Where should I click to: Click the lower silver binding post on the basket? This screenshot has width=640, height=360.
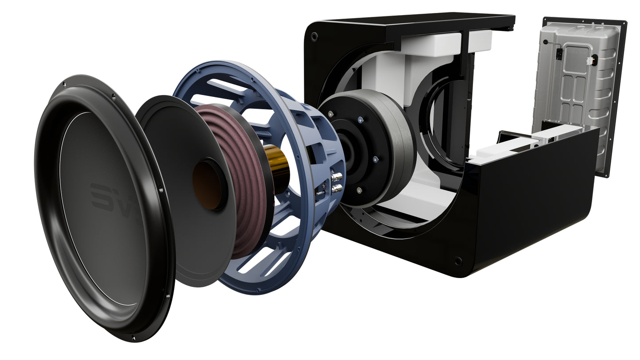337,188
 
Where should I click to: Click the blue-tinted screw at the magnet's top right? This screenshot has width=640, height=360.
360,119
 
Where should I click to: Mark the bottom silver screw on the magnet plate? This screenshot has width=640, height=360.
358,190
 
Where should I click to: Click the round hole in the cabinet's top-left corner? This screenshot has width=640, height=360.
314,37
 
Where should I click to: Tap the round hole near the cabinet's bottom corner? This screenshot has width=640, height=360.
458,261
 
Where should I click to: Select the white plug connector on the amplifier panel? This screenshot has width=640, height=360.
590,61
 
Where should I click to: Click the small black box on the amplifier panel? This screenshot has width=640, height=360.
559,54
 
